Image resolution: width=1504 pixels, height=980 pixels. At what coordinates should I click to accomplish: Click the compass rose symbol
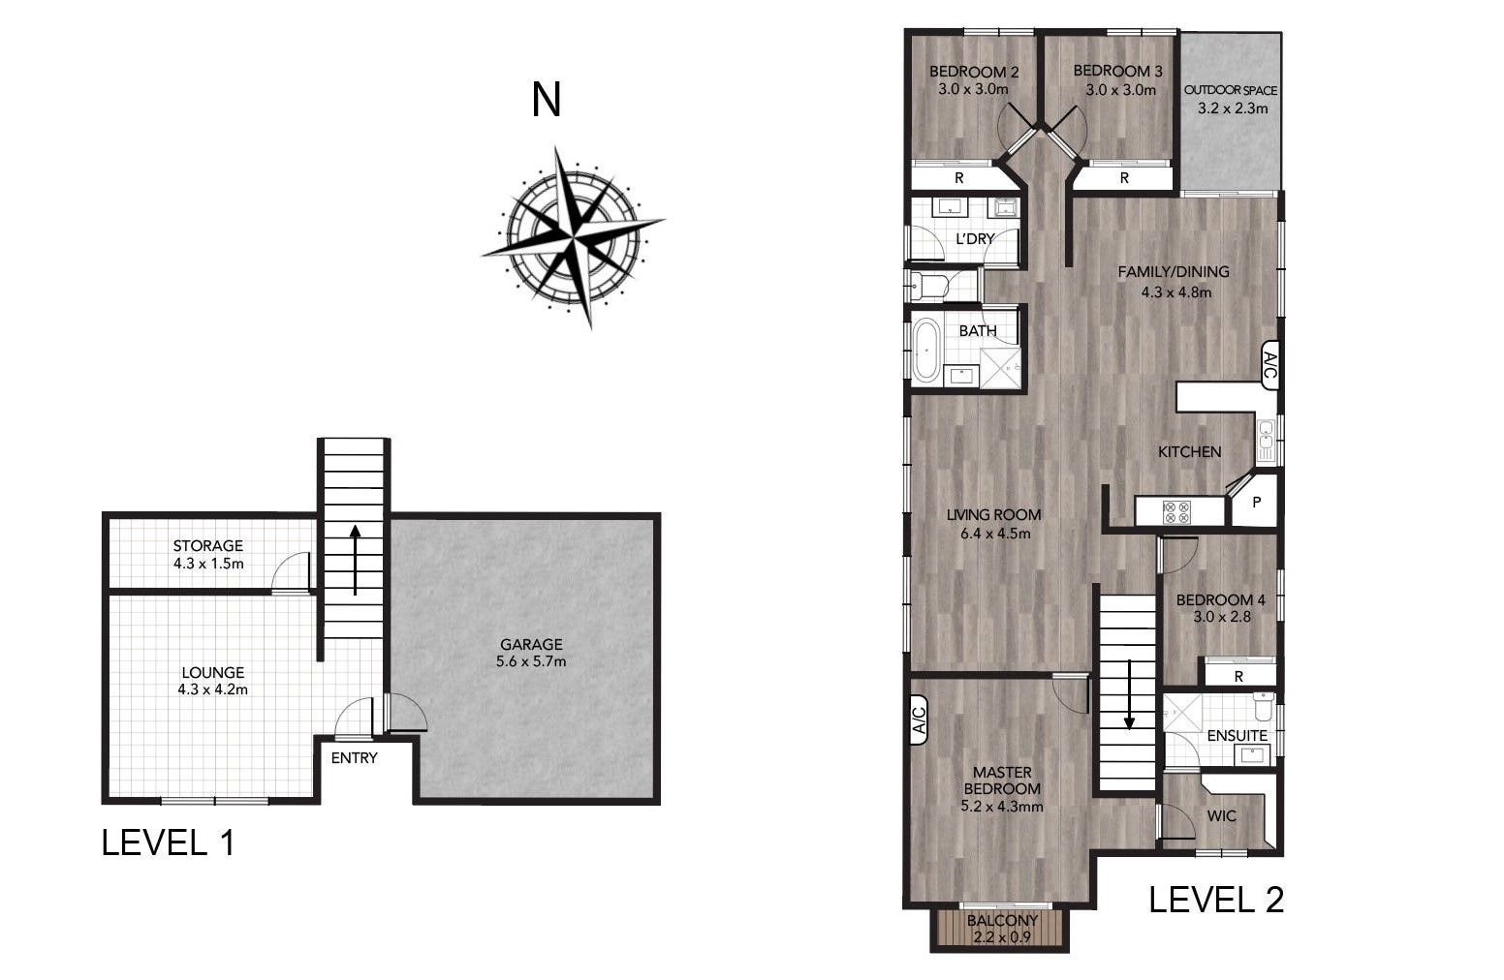click(x=573, y=237)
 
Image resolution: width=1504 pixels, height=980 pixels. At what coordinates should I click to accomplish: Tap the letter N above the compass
click(x=546, y=100)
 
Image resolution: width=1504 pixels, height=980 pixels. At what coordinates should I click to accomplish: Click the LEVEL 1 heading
click(x=169, y=842)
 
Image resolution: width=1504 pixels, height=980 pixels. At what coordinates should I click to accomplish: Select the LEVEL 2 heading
click(x=1216, y=900)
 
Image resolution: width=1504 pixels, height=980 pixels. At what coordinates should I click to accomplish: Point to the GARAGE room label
click(x=531, y=644)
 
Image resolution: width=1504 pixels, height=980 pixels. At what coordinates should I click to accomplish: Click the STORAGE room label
click(x=207, y=546)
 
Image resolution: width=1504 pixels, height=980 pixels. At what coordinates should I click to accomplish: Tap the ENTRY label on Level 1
click(x=354, y=758)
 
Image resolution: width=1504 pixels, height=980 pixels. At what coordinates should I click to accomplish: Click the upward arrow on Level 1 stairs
click(x=356, y=560)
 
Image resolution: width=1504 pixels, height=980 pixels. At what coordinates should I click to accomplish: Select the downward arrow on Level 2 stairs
click(x=1129, y=694)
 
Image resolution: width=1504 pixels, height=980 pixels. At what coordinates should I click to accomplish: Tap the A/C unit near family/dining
click(x=1269, y=365)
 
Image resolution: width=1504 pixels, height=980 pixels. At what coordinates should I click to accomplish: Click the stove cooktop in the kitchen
click(x=1176, y=512)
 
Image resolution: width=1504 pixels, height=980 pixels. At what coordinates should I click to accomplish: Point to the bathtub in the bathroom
click(x=925, y=350)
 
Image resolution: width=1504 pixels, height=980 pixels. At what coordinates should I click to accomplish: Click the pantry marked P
click(x=1256, y=502)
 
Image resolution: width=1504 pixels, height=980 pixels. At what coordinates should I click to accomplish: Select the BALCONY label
click(x=1002, y=920)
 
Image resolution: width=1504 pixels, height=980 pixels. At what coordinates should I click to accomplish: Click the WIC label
click(x=1221, y=815)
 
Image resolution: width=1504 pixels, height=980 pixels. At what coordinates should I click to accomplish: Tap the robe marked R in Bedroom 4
click(x=1238, y=676)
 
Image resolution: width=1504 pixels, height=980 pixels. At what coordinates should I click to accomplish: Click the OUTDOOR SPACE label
click(x=1231, y=90)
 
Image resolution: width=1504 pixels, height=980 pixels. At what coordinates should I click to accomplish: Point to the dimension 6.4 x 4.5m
click(x=995, y=534)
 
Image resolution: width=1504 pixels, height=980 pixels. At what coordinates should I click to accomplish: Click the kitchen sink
click(x=1266, y=440)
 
